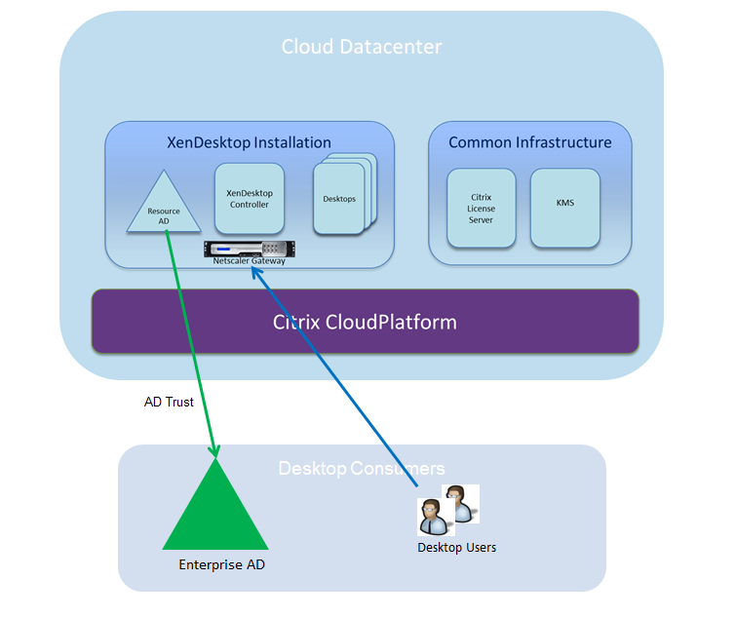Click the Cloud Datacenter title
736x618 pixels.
click(x=361, y=47)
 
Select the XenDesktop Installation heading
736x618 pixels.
click(x=250, y=142)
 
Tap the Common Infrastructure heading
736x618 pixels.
click(x=529, y=142)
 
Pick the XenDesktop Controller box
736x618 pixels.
click(x=248, y=198)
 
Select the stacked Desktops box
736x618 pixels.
click(x=338, y=199)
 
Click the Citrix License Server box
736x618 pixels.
click(x=481, y=208)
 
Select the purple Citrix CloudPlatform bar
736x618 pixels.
click(x=365, y=322)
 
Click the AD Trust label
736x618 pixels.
click(x=169, y=402)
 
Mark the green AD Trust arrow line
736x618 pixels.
click(x=193, y=341)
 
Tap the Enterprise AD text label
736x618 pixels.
click(x=221, y=564)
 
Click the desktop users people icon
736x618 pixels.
click(x=447, y=510)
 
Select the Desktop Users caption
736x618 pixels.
click(x=456, y=548)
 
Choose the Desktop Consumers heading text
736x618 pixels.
click(x=361, y=469)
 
